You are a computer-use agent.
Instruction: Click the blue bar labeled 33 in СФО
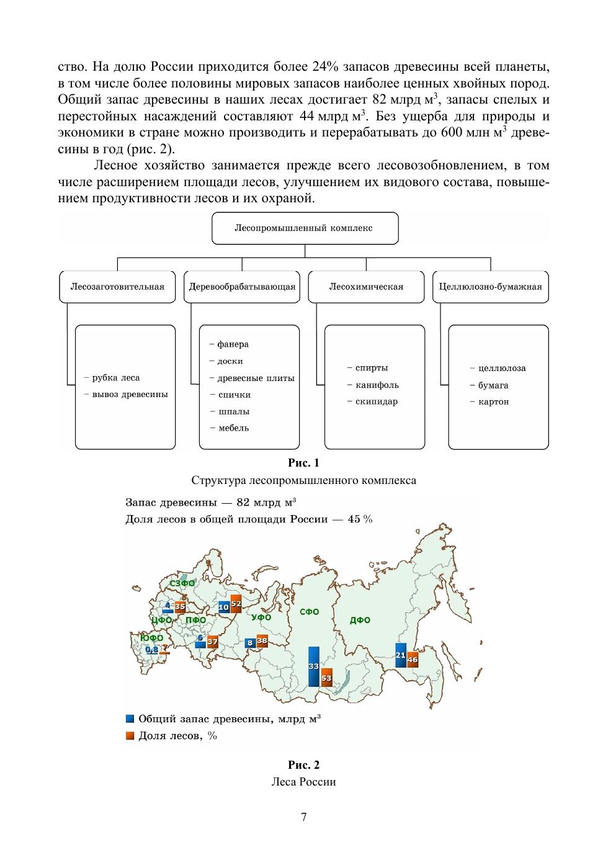click(313, 666)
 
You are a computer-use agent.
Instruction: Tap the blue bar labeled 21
click(400, 655)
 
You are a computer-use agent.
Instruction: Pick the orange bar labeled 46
click(413, 660)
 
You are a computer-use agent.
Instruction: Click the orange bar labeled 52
click(236, 604)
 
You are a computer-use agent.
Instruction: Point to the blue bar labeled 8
click(250, 643)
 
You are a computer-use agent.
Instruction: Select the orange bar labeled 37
click(212, 642)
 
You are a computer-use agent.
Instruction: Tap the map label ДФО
click(360, 620)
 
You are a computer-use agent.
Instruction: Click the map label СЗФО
click(182, 583)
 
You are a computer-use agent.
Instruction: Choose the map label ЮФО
click(151, 638)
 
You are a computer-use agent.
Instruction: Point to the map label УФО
click(261, 617)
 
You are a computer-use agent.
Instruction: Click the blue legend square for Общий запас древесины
click(130, 719)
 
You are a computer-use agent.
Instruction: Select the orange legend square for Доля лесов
click(130, 736)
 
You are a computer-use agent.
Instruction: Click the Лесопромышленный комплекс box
click(304, 228)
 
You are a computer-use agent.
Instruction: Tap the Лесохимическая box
click(366, 287)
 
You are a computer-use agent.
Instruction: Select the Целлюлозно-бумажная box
click(490, 287)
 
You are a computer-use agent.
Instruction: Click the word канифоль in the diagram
click(377, 385)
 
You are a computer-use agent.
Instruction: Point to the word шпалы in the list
click(234, 411)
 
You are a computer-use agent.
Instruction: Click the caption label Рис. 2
click(303, 764)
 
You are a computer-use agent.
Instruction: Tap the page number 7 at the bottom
click(303, 817)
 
